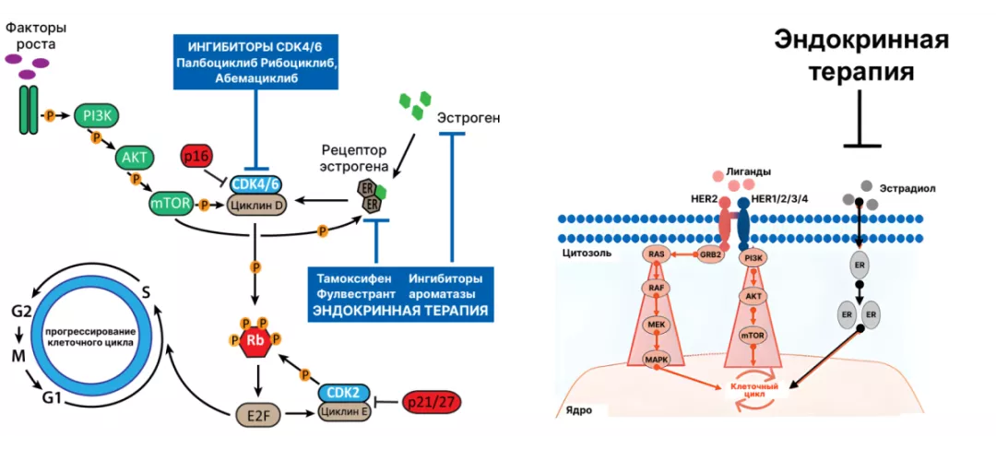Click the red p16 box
coord(196,157)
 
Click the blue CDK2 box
coord(343,392)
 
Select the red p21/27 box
coord(432,403)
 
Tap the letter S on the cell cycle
coord(146,293)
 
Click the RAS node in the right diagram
coord(657,254)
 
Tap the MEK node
coord(656,325)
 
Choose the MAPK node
coord(656,359)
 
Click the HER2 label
coord(704,199)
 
